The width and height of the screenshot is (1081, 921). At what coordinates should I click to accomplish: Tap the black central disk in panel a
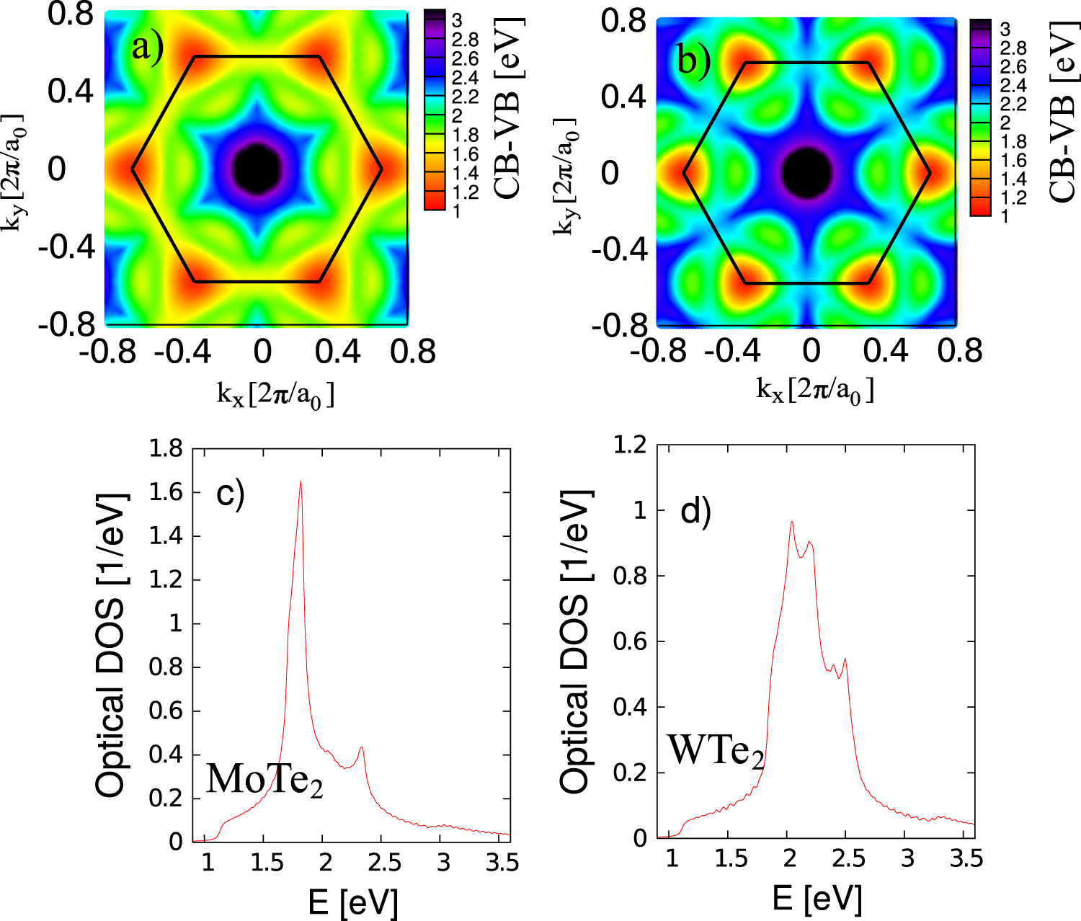[257, 168]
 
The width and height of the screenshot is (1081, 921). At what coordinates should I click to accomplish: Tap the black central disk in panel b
[807, 173]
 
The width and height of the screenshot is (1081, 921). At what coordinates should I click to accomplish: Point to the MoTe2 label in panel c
[264, 779]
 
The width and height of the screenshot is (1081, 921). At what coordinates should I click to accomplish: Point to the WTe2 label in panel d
[715, 750]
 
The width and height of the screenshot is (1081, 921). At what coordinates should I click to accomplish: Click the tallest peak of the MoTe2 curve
[301, 482]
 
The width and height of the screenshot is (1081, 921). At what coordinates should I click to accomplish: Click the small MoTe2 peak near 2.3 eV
[361, 748]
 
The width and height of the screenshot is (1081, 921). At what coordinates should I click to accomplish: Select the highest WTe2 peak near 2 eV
[792, 522]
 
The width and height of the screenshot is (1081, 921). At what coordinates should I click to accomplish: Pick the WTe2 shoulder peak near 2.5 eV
[845, 659]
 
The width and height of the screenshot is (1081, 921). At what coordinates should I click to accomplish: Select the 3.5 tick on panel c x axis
[502, 863]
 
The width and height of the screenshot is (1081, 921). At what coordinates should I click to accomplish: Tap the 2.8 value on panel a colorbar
[465, 40]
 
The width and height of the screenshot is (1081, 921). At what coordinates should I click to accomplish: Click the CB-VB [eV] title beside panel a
[509, 108]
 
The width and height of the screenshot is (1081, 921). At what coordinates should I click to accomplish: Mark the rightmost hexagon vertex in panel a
[381, 169]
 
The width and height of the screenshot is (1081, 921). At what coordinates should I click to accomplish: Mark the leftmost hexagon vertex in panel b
[683, 173]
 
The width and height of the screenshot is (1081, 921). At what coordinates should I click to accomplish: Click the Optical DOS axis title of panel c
[112, 645]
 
